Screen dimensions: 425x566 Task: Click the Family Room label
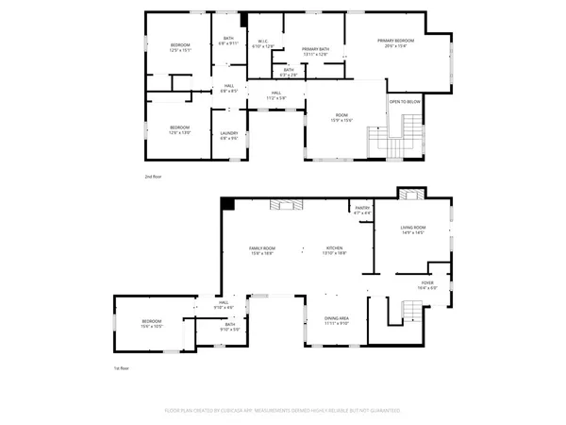pyautogui.click(x=261, y=249)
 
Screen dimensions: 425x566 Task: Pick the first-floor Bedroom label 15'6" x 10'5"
pyautogui.click(x=152, y=323)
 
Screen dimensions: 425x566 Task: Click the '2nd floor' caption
pyautogui.click(x=153, y=178)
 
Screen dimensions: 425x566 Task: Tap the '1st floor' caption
pyautogui.click(x=122, y=369)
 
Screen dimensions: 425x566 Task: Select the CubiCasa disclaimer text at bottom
pyautogui.click(x=284, y=411)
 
